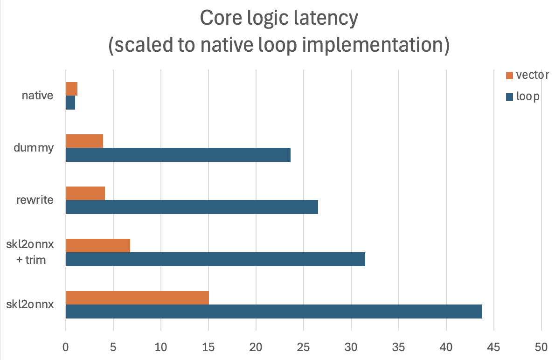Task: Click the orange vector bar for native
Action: click(71, 89)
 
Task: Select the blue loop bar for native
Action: click(70, 103)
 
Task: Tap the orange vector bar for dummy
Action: click(84, 141)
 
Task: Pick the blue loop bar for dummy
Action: click(178, 155)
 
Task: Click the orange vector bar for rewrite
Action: click(85, 193)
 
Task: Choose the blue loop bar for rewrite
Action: click(192, 207)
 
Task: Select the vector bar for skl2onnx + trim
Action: click(98, 245)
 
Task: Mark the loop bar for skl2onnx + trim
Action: click(215, 259)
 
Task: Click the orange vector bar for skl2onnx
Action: click(137, 298)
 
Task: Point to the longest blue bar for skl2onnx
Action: click(274, 312)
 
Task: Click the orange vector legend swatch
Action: click(509, 75)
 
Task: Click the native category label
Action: click(37, 96)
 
